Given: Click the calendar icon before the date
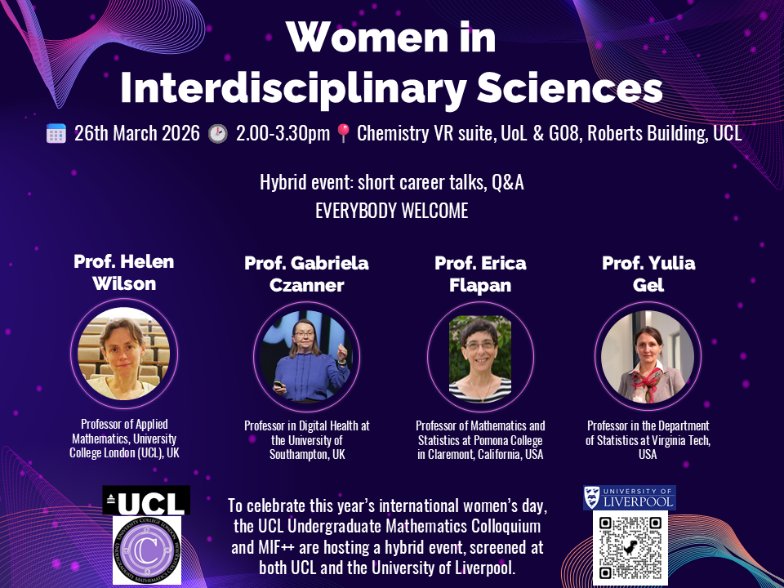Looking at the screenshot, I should click(56, 134).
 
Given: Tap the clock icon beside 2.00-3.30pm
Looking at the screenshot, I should click(217, 134).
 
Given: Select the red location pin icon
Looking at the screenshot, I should click(342, 134).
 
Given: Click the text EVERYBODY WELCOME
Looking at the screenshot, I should click(392, 211).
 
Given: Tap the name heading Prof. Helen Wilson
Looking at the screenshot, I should click(123, 271).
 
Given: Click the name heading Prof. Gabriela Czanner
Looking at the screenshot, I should click(306, 274).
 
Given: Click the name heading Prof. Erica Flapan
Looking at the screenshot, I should click(480, 274).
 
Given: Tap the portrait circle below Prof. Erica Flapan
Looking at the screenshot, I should click(480, 358).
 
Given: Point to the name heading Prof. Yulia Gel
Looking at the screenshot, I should click(648, 274).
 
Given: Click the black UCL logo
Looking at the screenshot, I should click(146, 500).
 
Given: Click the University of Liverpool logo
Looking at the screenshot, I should click(630, 497).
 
